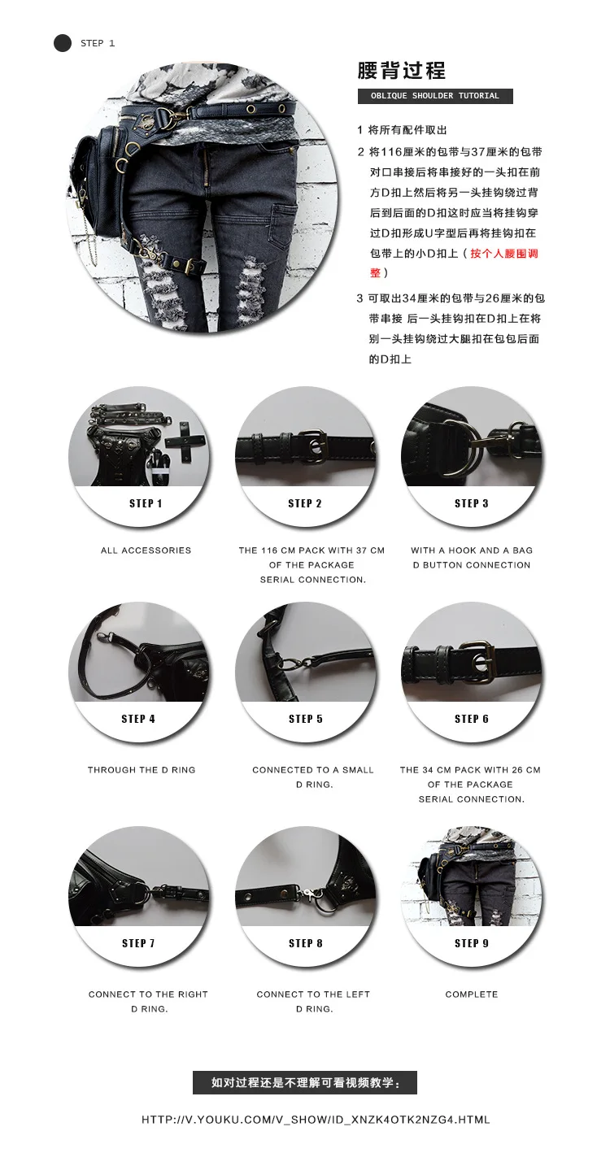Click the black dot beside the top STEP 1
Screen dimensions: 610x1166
tap(63, 43)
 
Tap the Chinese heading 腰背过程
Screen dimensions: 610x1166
tap(401, 70)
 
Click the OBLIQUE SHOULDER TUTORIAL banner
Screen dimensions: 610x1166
tap(435, 96)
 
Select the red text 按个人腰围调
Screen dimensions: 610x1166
tap(503, 254)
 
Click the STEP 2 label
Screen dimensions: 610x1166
tap(305, 503)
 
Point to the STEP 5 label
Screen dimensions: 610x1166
tap(306, 719)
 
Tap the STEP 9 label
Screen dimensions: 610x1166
tap(472, 943)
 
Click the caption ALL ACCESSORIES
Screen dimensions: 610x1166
tap(146, 550)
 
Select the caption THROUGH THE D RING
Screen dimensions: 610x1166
tap(142, 770)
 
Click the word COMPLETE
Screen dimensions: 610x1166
tap(472, 994)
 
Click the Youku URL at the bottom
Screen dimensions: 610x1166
tap(316, 1120)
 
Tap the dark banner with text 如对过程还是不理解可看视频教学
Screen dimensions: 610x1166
tap(305, 1083)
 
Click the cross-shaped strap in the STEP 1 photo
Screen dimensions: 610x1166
tap(185, 443)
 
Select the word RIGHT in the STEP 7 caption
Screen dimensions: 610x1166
tap(193, 994)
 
